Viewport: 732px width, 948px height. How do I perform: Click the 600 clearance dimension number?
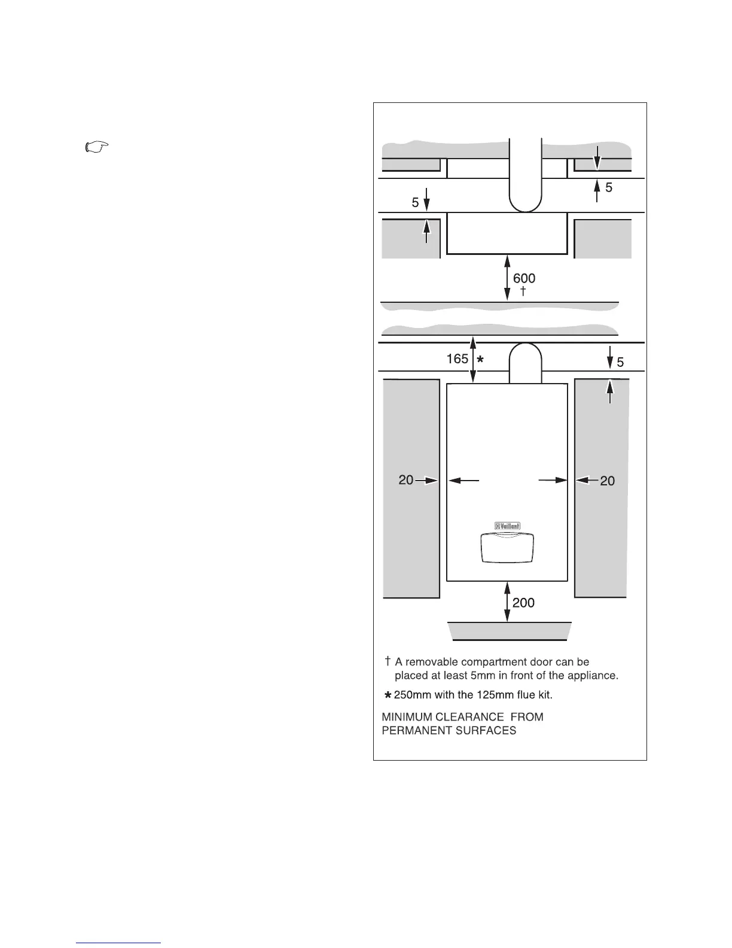point(524,278)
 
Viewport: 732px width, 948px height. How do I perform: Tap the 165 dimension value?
point(457,358)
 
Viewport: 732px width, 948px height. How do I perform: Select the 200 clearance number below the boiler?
point(523,603)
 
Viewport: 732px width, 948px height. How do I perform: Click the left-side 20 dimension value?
point(405,480)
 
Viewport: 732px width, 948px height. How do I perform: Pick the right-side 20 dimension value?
point(607,481)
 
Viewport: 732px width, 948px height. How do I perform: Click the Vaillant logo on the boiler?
point(507,526)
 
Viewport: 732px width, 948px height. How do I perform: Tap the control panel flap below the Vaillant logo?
point(507,548)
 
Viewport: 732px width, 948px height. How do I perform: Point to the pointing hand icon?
point(96,147)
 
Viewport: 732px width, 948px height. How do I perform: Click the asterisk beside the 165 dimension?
point(480,359)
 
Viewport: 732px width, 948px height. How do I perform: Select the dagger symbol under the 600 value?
point(523,291)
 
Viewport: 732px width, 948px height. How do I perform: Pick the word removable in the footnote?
point(432,662)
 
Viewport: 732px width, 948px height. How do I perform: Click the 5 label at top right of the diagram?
point(609,187)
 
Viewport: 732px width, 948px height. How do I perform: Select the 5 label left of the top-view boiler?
point(415,203)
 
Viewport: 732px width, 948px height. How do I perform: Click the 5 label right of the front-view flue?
point(620,362)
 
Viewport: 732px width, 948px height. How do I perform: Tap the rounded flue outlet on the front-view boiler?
point(525,362)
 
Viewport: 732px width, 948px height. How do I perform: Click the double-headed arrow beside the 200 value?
point(507,601)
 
